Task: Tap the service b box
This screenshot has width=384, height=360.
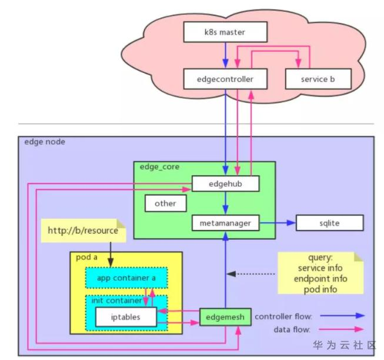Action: pyautogui.click(x=318, y=78)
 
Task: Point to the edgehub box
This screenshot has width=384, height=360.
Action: pyautogui.click(x=226, y=184)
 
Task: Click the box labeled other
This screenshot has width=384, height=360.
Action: pyautogui.click(x=165, y=204)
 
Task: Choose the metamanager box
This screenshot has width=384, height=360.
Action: pyautogui.click(x=226, y=224)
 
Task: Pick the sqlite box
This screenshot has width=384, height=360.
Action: pyautogui.click(x=329, y=224)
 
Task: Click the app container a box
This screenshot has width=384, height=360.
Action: pyautogui.click(x=125, y=278)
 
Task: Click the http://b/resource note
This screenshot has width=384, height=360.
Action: pyautogui.click(x=83, y=231)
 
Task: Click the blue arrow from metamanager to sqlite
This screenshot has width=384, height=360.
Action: pyautogui.click(x=277, y=224)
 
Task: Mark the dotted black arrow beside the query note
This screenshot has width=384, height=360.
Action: pyautogui.click(x=252, y=274)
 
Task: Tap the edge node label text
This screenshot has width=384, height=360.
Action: pyautogui.click(x=45, y=142)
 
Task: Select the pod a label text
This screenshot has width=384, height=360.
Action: pyautogui.click(x=88, y=258)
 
